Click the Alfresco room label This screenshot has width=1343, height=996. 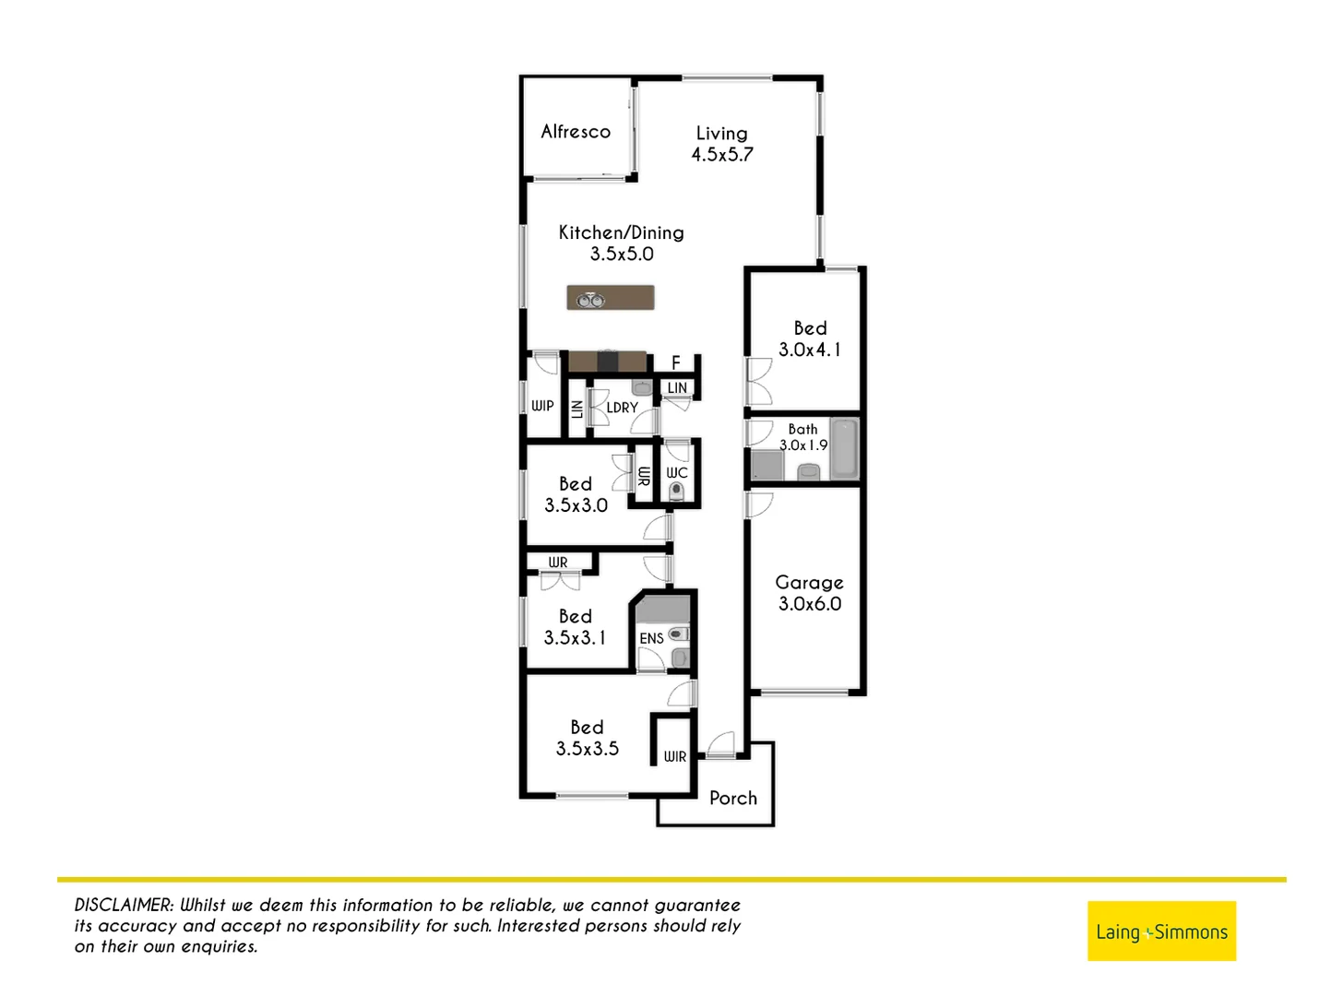click(576, 132)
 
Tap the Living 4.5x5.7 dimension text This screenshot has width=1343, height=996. click(722, 155)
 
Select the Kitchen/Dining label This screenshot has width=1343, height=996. click(621, 232)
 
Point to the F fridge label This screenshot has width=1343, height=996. click(675, 363)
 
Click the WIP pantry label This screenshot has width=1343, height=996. click(542, 406)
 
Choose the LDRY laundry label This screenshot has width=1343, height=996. click(622, 408)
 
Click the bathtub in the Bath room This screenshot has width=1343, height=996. click(843, 448)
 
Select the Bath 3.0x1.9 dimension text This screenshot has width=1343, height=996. click(803, 445)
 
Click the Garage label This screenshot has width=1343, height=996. click(809, 583)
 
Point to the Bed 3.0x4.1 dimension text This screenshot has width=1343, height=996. click(809, 350)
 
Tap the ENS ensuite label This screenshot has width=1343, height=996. click(651, 638)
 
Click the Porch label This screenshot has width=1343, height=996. click(733, 799)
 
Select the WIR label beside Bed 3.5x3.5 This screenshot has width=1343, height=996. click(675, 756)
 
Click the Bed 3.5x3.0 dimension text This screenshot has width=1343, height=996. click(576, 505)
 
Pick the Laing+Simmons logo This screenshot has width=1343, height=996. click(1161, 931)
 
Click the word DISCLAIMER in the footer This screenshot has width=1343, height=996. click(124, 906)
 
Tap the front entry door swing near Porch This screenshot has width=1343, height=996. click(720, 744)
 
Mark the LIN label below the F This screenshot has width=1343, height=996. click(677, 388)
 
